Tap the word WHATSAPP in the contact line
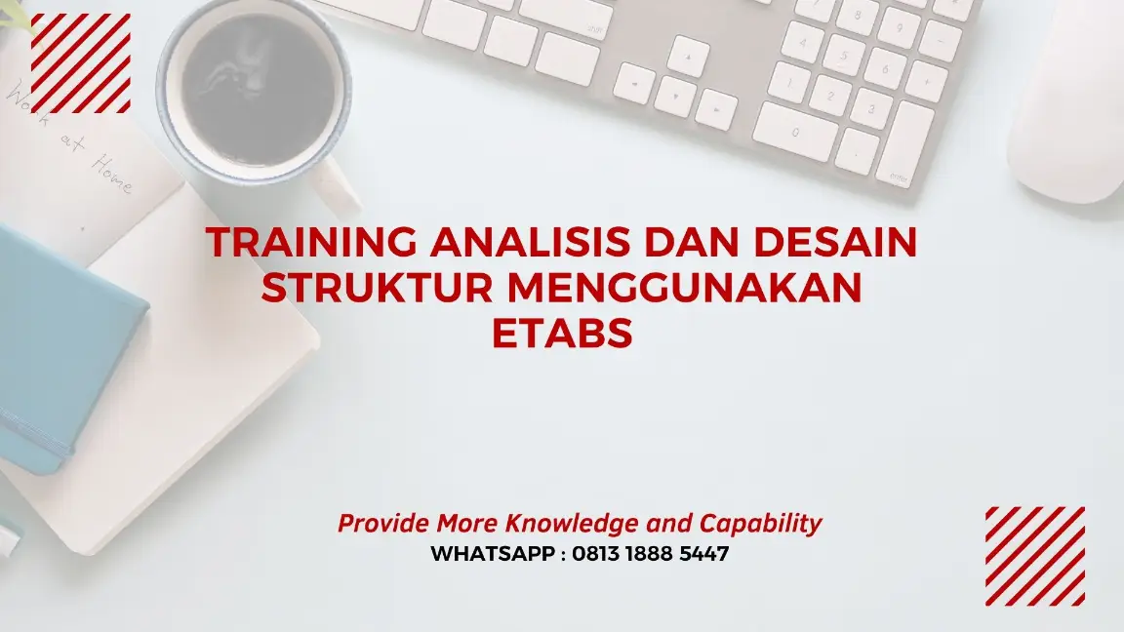pos(493,554)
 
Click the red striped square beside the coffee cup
pos(81,63)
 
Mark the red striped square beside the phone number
pos(1034,556)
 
